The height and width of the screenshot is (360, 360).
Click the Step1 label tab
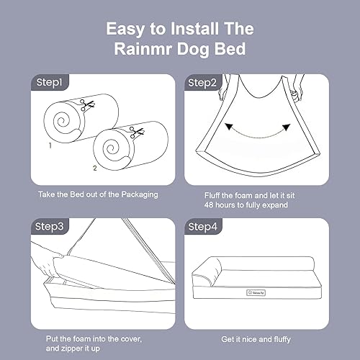pyautogui.click(x=48, y=83)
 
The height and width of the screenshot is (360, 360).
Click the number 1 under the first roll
pyautogui.click(x=50, y=145)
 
